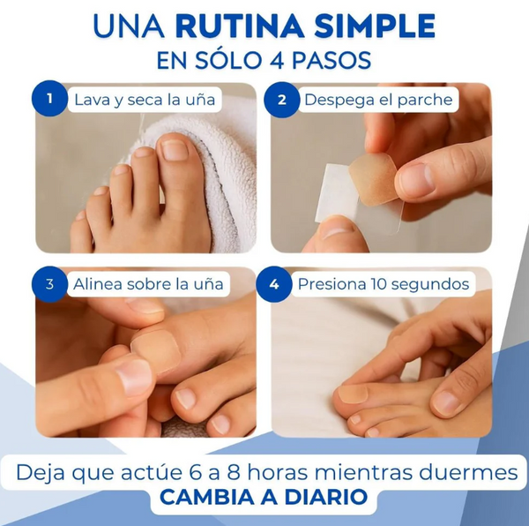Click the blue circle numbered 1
[50, 100]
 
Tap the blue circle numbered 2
[282, 100]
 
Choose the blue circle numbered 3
[50, 283]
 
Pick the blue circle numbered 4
[274, 283]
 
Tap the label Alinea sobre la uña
[147, 284]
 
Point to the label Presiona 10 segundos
[383, 284]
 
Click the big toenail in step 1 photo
[173, 149]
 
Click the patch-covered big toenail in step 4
[354, 393]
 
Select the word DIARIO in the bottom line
[328, 497]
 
